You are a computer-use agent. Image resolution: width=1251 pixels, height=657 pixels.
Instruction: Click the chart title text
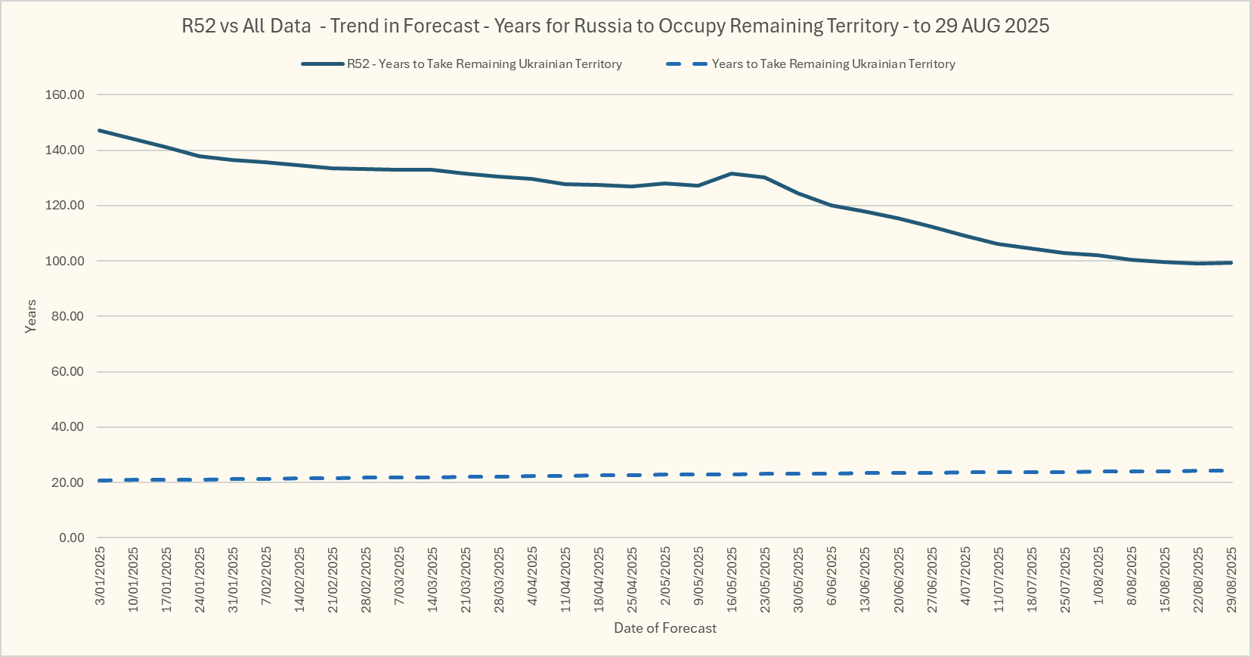615,26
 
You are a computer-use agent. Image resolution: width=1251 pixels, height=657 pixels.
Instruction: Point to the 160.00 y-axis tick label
65,95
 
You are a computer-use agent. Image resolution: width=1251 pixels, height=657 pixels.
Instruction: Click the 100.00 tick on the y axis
65,262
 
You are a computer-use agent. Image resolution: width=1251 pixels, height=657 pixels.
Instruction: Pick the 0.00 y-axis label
72,538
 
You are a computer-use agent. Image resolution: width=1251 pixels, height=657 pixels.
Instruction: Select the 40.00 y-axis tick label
68,427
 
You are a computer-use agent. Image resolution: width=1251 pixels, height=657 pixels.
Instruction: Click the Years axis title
31,316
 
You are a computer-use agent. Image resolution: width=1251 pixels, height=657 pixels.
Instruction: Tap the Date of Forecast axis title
665,628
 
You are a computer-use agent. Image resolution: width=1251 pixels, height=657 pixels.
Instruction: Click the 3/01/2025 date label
101,576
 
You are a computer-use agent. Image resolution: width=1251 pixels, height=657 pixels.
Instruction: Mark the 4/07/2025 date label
965,576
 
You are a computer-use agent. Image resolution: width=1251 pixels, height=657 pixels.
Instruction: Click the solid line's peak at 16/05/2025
732,174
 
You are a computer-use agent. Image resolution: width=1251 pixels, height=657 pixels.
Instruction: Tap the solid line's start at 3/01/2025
100,131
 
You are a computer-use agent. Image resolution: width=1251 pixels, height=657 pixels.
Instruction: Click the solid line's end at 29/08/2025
1231,262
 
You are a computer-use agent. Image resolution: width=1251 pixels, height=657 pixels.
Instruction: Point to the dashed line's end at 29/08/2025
1231,470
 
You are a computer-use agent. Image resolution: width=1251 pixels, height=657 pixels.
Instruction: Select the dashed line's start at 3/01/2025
100,480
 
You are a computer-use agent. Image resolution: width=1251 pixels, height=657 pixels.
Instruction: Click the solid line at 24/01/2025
200,156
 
